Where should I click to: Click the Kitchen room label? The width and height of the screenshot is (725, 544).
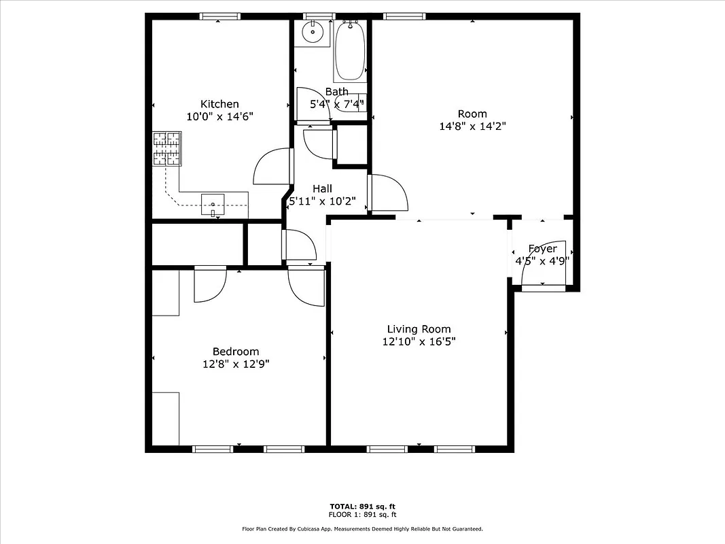pos(219,104)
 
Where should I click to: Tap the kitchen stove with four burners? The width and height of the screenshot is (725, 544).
pos(167,148)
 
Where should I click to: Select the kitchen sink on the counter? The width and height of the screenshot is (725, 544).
pos(213,204)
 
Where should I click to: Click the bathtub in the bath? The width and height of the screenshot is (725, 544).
pos(350,52)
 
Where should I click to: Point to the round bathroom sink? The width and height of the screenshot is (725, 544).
pos(313,31)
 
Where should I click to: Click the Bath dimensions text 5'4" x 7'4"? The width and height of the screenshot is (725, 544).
pos(337,104)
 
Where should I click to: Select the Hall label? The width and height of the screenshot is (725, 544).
pos(322,188)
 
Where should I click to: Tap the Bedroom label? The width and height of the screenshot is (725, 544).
pos(236,352)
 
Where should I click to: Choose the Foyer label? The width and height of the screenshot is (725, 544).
pos(542,249)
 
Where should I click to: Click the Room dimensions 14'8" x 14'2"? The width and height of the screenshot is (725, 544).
pos(472,126)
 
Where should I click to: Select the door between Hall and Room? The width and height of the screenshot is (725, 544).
pos(387,193)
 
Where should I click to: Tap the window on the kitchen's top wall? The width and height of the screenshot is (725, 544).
pos(219,16)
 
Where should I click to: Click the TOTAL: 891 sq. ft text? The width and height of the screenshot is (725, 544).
pos(362,507)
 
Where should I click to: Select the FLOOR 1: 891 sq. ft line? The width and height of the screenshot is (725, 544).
pos(362,515)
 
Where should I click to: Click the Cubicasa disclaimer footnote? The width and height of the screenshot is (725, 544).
pos(362,528)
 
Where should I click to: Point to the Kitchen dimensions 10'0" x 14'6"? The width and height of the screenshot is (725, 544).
pos(219,116)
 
